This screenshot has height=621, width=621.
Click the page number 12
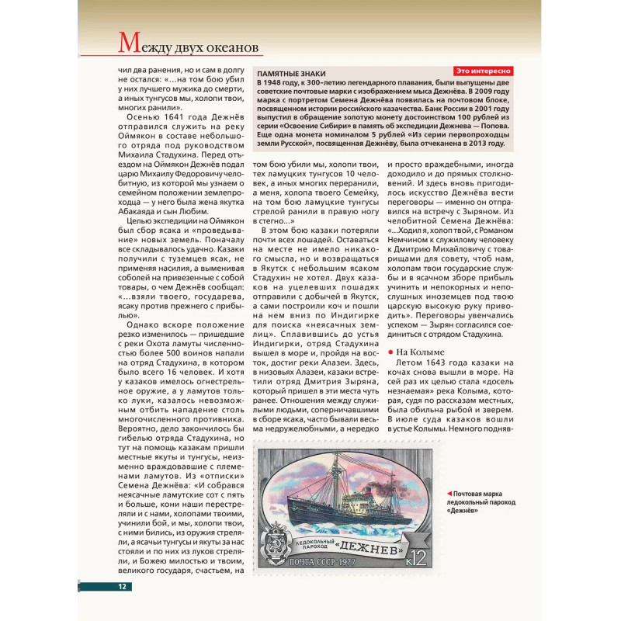click(x=122, y=586)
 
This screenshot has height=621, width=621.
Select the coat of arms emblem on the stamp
click(x=277, y=544)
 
